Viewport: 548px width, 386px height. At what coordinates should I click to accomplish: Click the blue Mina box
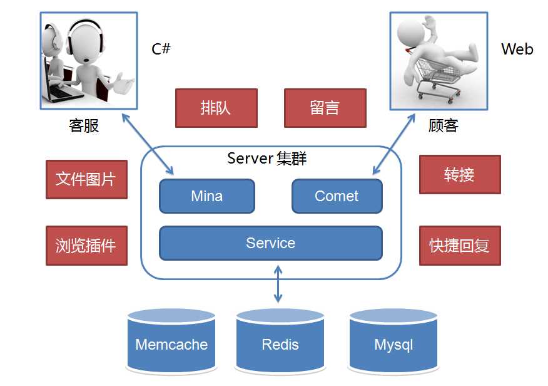click(x=207, y=196)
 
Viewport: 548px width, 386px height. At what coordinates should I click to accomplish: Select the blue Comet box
click(x=337, y=196)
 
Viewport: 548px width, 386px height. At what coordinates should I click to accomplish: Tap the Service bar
click(x=270, y=243)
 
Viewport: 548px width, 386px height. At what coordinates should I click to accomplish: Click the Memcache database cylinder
click(x=171, y=342)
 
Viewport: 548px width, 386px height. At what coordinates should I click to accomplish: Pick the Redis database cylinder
click(x=280, y=342)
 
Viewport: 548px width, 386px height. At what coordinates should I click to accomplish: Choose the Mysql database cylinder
click(x=393, y=342)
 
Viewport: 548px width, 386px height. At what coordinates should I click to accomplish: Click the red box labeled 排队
click(x=216, y=107)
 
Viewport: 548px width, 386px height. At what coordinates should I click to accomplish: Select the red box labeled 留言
click(x=325, y=107)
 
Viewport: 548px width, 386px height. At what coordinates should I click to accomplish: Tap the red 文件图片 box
click(x=86, y=179)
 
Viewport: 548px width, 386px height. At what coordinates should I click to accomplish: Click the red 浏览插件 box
click(x=86, y=245)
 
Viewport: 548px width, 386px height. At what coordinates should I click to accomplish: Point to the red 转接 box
click(x=459, y=174)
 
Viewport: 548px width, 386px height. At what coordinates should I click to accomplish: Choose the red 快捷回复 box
click(x=459, y=245)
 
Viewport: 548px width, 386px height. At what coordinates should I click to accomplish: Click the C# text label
click(x=161, y=49)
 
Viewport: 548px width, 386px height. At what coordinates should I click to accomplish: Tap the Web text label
click(x=517, y=49)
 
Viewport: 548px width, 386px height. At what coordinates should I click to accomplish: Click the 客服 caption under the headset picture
click(x=84, y=125)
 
